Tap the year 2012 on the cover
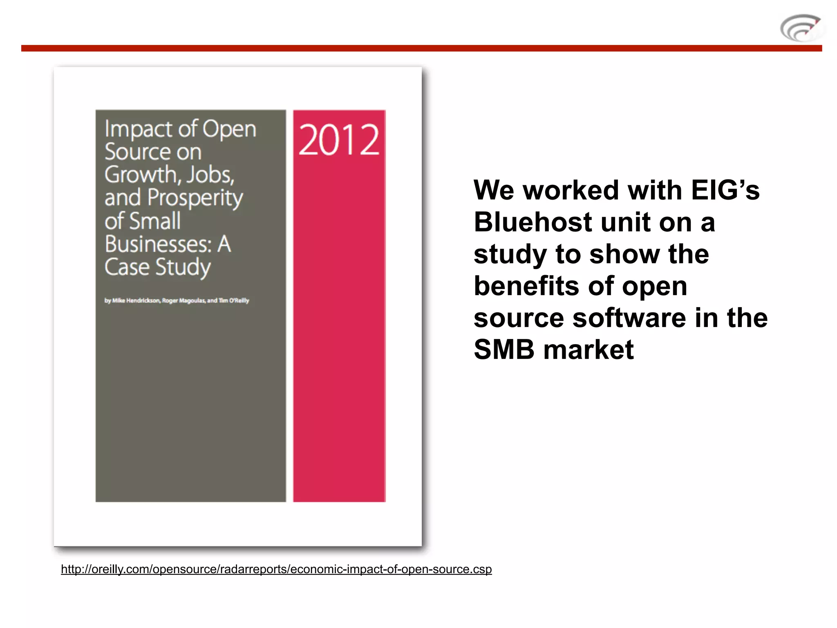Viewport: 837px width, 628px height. click(339, 140)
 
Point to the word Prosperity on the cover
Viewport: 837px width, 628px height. click(195, 198)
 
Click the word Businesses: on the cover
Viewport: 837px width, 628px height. click(158, 244)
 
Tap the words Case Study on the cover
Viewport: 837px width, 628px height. click(157, 267)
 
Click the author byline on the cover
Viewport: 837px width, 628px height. click(177, 301)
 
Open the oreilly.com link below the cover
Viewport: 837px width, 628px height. click(276, 569)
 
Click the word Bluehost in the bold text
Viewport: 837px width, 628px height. click(533, 222)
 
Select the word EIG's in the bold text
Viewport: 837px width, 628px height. click(725, 190)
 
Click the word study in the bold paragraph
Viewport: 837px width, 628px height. click(510, 254)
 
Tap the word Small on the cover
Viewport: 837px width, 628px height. click(155, 221)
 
